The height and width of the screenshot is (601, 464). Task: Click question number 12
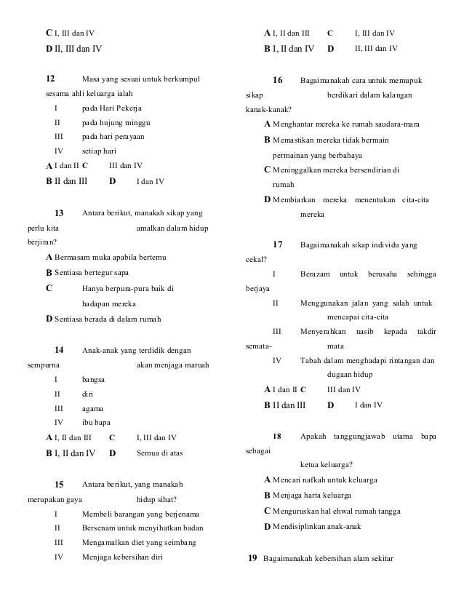(x=50, y=79)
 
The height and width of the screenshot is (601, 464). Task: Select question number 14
(x=60, y=351)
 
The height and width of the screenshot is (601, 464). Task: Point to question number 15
(x=60, y=485)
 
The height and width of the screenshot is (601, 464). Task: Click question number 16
(x=277, y=80)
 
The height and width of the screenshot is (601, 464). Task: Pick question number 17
(x=277, y=243)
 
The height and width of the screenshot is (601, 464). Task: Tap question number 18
(x=277, y=436)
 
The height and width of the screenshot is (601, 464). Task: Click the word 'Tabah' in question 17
(x=310, y=360)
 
